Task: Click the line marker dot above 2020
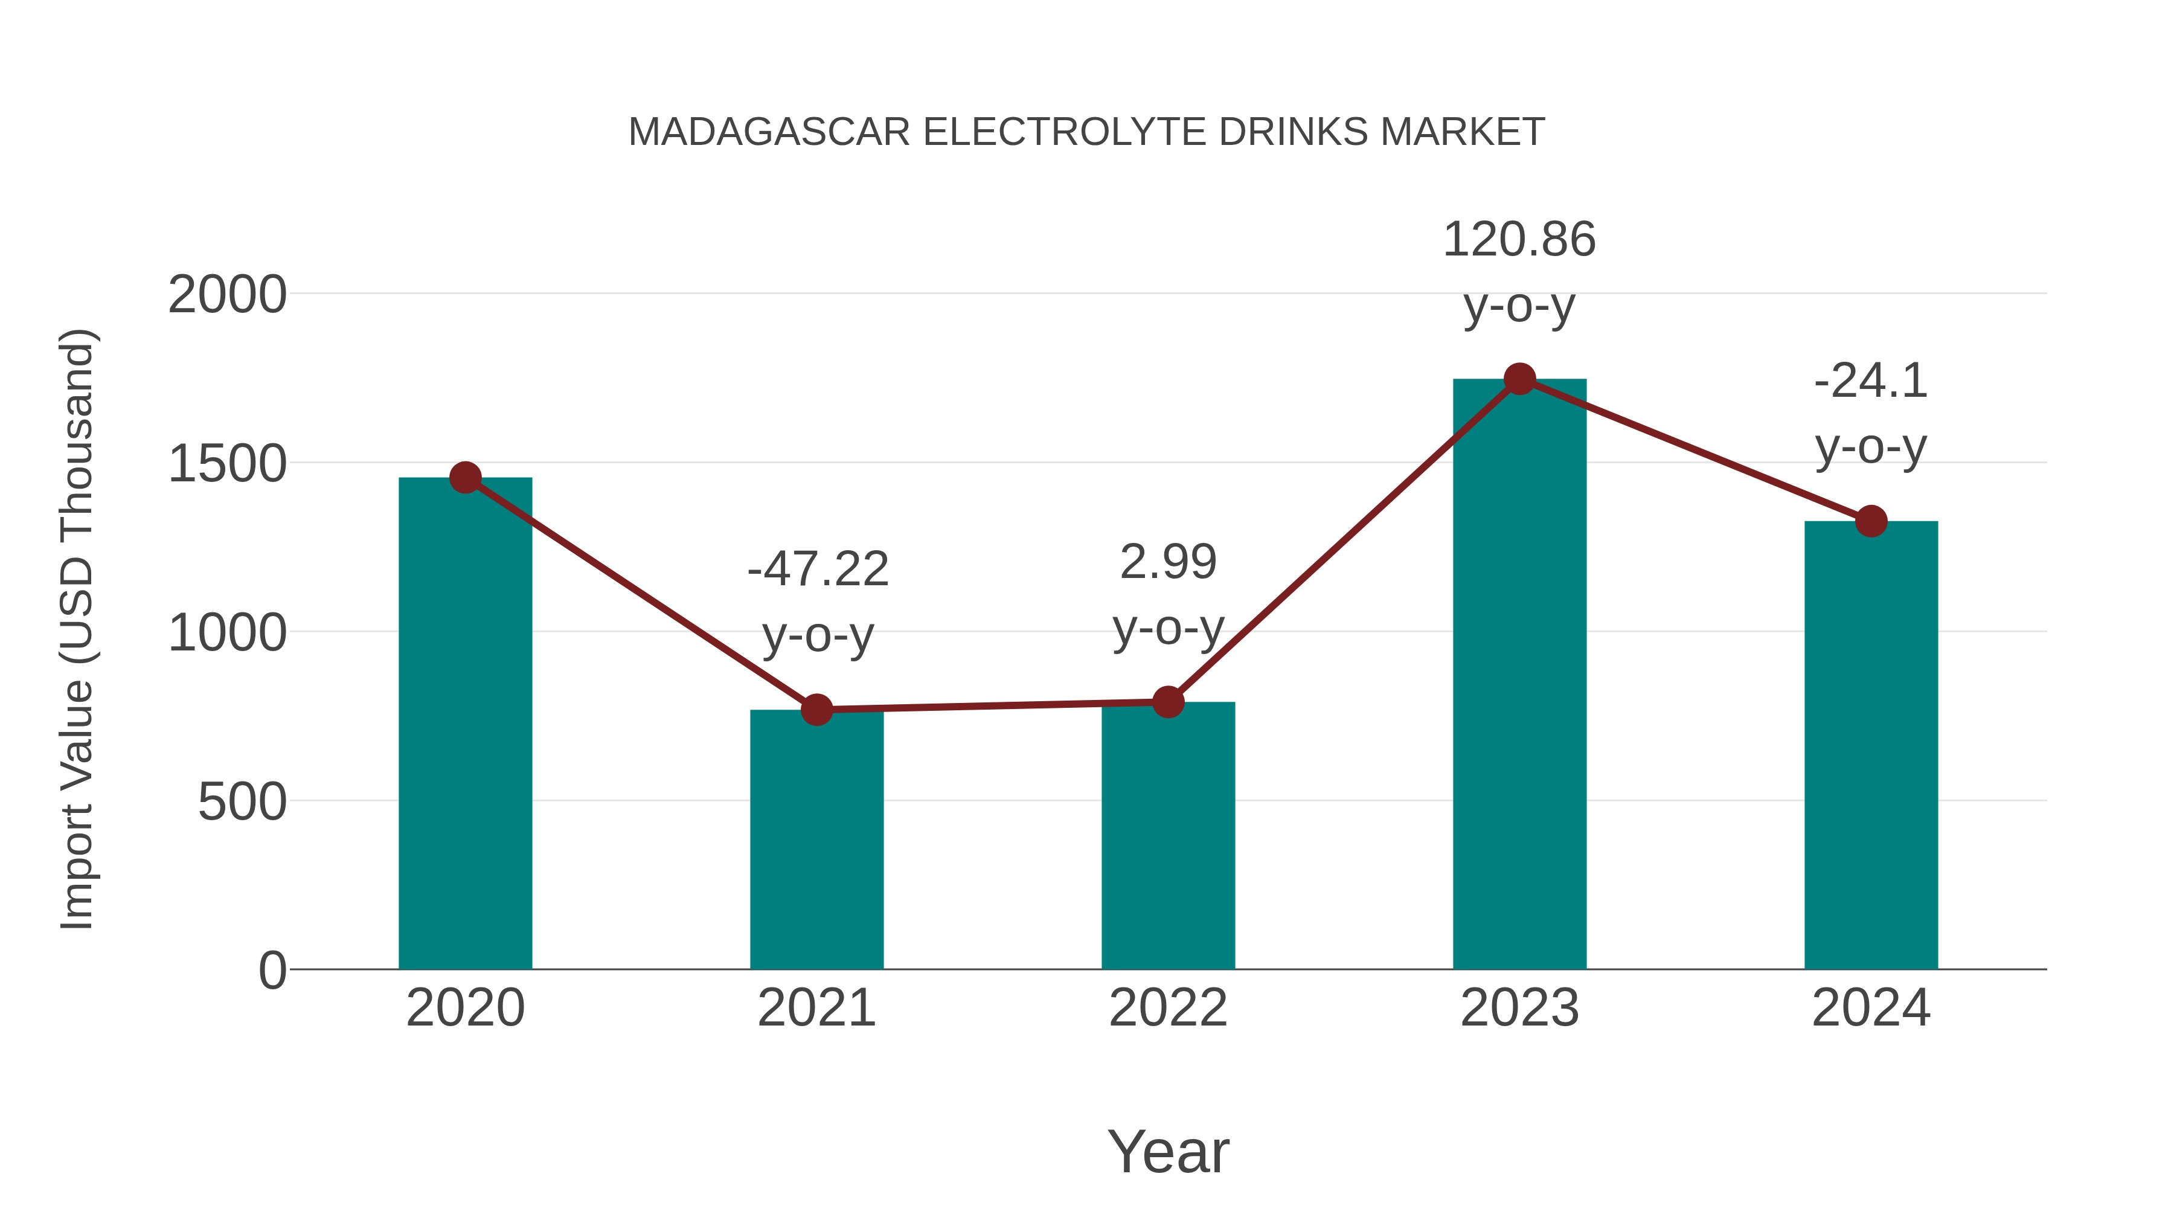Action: tap(465, 478)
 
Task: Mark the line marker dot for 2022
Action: tap(1168, 701)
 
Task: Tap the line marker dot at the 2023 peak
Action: tap(1519, 379)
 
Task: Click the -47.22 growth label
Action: tap(818, 568)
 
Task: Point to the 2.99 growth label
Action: tap(1168, 562)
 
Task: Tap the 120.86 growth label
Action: tap(1519, 240)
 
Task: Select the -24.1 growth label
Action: tap(1871, 380)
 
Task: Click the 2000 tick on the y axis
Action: tap(227, 295)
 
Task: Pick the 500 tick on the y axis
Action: tap(242, 802)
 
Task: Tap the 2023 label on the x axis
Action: tap(1519, 1008)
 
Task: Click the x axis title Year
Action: tap(1168, 1151)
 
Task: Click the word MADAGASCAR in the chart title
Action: tap(769, 132)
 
